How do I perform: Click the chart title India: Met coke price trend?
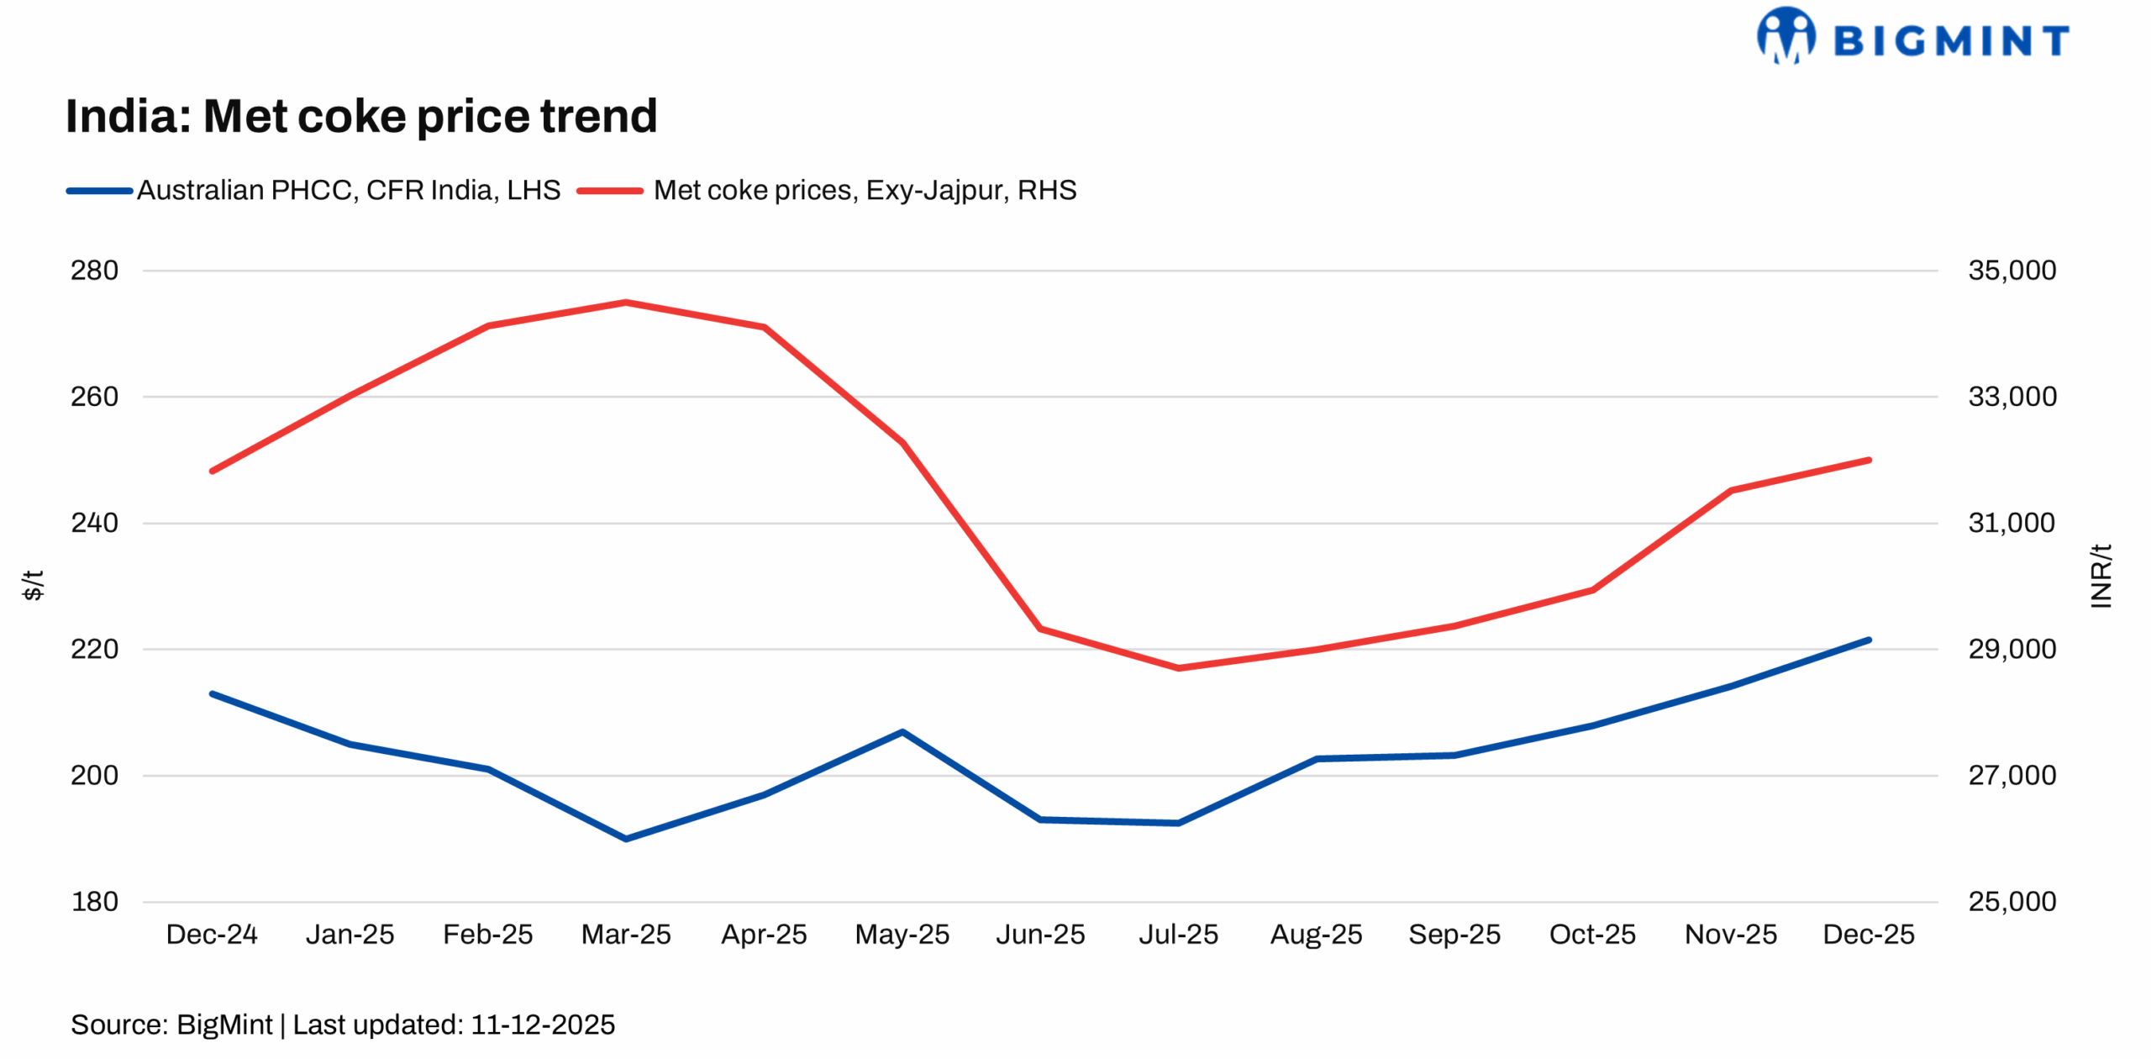coord(361,116)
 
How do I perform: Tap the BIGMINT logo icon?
coord(1785,36)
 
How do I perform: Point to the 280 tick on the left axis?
coord(94,271)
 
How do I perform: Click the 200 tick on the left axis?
coord(94,776)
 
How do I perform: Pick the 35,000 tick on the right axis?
coord(2012,271)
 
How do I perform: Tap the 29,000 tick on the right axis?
coord(2012,650)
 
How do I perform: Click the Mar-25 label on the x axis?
coord(626,935)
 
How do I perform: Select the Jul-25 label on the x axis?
coord(1178,935)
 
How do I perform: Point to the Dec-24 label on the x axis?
coord(212,935)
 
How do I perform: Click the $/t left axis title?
coord(32,586)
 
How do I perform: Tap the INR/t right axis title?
coord(2101,577)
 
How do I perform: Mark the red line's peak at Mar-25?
coord(626,303)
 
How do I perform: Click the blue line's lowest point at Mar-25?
coord(626,839)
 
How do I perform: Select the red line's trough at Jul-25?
coord(1178,668)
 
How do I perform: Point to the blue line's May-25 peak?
coord(902,732)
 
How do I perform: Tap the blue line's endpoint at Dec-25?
coord(1869,640)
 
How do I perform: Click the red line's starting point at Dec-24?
coord(212,472)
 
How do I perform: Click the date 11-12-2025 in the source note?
coord(543,1025)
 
